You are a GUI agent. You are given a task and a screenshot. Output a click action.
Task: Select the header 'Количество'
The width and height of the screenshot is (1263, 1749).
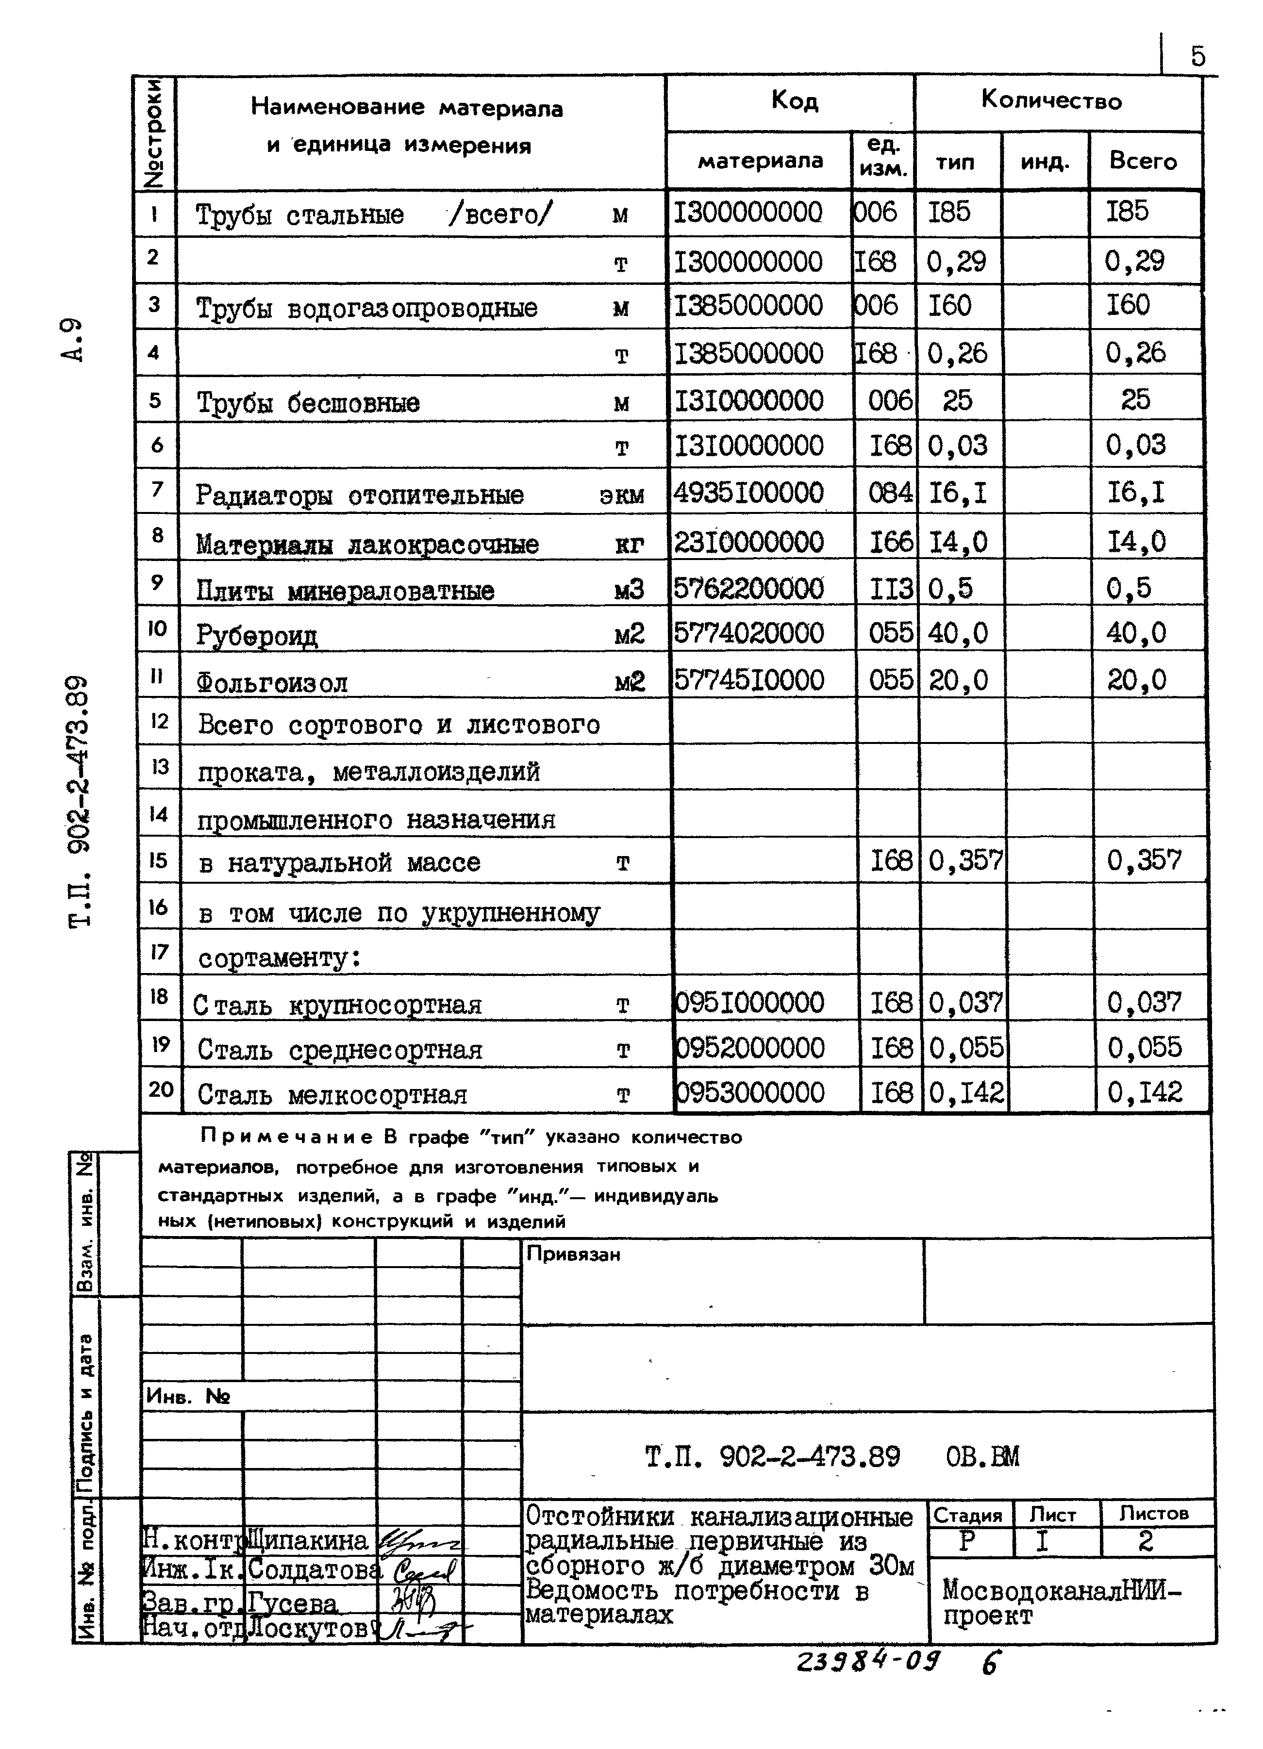pos(1051,100)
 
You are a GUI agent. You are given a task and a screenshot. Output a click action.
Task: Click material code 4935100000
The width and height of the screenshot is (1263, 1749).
pos(748,492)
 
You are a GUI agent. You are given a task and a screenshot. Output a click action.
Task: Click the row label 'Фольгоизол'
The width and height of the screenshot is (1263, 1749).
pos(272,682)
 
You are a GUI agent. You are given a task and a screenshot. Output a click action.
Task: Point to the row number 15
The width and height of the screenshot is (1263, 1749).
pos(158,860)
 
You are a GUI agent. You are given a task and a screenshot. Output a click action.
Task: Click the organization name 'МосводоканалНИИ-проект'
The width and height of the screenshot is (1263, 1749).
pos(1061,1601)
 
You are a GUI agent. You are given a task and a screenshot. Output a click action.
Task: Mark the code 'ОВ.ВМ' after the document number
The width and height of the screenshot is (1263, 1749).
pos(982,1457)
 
